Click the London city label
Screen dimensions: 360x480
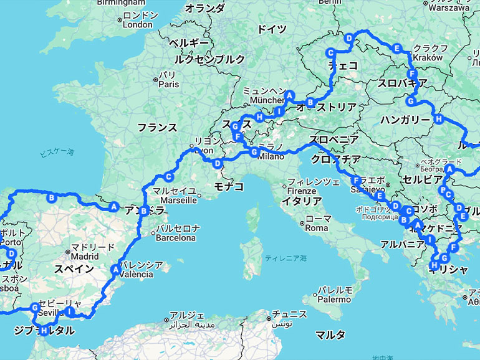(137, 24)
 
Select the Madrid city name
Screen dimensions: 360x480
(84, 256)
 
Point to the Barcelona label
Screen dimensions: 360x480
(175, 237)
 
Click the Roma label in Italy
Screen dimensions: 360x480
(317, 228)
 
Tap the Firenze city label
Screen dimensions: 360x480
(302, 191)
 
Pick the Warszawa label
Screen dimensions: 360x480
(449, 8)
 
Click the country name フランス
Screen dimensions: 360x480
(157, 127)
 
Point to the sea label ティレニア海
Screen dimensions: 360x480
(286, 258)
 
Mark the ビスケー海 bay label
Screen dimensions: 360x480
(56, 153)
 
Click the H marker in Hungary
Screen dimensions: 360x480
(439, 119)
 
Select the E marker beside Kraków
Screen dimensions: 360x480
(396, 48)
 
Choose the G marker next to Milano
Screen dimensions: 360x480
(254, 151)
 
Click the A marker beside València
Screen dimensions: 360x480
(115, 269)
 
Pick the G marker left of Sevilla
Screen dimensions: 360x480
(35, 307)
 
